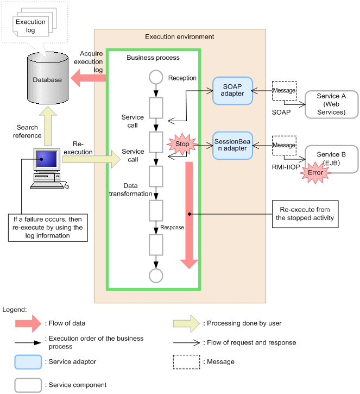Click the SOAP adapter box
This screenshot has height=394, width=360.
[x=232, y=90]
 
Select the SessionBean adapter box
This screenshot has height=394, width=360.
[x=232, y=145]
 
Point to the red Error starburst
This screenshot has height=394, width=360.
[x=315, y=172]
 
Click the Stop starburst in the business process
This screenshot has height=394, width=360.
[x=183, y=145]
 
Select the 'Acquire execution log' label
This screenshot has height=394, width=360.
[x=91, y=61]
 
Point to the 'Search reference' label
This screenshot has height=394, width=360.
[x=28, y=131]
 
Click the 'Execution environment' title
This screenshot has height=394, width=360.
[x=179, y=37]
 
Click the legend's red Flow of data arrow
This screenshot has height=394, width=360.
[x=28, y=323]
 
